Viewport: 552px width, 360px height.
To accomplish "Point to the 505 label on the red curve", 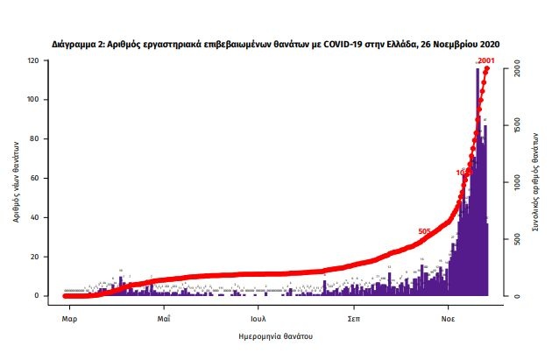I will (424, 231).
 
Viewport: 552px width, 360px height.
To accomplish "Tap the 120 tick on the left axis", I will (32, 60).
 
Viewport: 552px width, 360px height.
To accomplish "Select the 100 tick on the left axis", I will (32, 100).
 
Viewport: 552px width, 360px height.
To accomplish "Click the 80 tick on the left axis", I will (34, 139).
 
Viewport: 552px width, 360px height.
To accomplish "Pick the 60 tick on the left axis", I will (34, 178).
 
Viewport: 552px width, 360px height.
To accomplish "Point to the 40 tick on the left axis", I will (34, 217).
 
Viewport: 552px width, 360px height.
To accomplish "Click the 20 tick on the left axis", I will (34, 257).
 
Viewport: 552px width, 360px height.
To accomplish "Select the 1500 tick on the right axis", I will (518, 125).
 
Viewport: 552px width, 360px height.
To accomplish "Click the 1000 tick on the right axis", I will (518, 182).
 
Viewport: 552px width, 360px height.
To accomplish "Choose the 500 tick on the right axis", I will (518, 239).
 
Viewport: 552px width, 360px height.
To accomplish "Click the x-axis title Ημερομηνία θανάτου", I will (277, 336).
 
